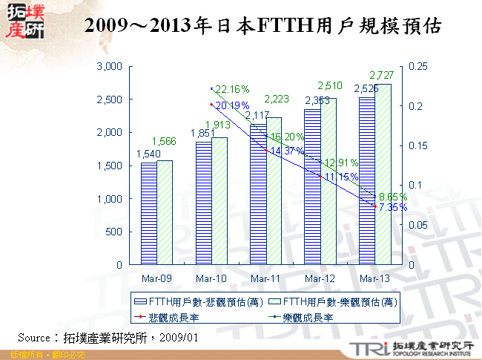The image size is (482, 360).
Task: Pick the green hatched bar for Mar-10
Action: [219, 200]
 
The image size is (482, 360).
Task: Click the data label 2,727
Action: [383, 76]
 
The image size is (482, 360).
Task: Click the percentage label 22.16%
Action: [231, 90]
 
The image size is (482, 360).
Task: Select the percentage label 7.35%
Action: [392, 207]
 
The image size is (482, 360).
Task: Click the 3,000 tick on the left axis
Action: [109, 67]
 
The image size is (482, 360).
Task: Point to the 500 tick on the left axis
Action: [113, 232]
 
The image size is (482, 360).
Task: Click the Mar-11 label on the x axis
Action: [265, 278]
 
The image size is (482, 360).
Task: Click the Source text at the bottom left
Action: [108, 337]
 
